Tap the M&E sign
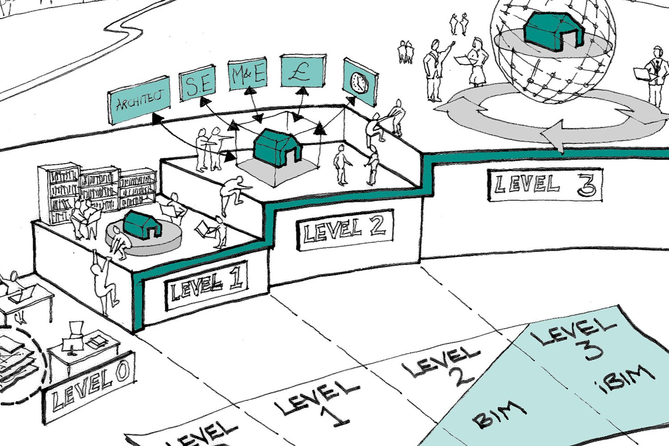(x=247, y=75)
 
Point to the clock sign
(x=359, y=82)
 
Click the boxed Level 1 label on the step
(x=206, y=285)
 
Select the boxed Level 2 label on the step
(x=345, y=228)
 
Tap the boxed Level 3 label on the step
(x=544, y=184)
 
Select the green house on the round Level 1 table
(x=142, y=224)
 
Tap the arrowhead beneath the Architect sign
(x=157, y=118)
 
